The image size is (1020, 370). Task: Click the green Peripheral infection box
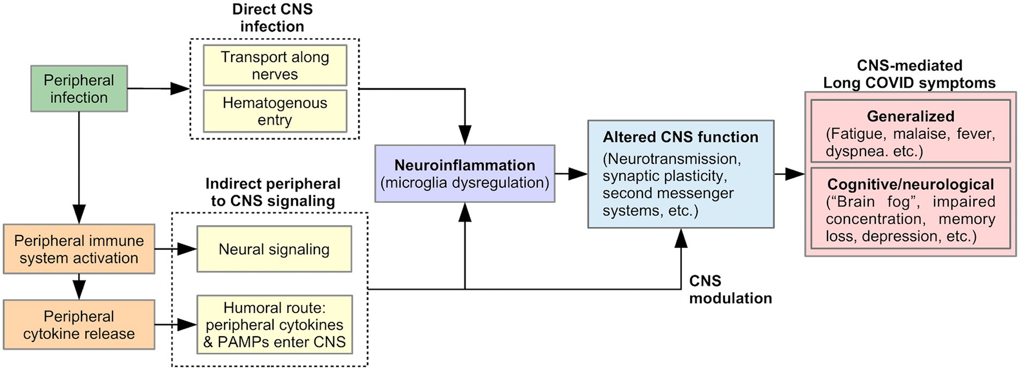tap(79, 88)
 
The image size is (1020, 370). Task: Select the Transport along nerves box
tap(275, 65)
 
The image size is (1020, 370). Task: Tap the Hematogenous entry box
tap(275, 111)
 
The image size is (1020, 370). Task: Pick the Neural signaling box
tap(274, 249)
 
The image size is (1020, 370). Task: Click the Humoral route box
tap(275, 324)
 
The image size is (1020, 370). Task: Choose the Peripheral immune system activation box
tap(79, 249)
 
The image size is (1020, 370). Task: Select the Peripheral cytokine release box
tap(79, 324)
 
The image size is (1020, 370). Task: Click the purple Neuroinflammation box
tap(464, 173)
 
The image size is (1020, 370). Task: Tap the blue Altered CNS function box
tap(681, 174)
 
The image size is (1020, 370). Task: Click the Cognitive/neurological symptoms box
tap(910, 209)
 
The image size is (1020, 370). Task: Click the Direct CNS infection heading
tap(272, 18)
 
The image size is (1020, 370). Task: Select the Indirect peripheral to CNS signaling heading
tap(273, 192)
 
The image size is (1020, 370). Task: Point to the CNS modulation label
tap(730, 290)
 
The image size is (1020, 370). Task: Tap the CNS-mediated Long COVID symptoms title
tap(910, 74)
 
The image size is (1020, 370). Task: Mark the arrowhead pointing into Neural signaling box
tap(187, 249)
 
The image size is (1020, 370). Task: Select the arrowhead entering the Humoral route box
tap(187, 324)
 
